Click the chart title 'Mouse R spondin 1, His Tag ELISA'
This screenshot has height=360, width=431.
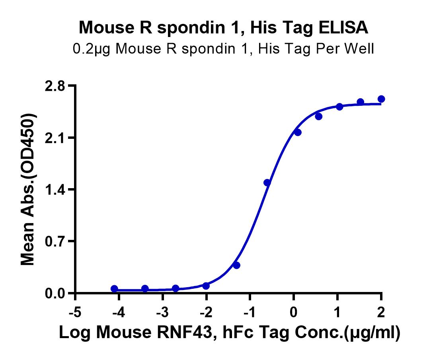click(x=223, y=27)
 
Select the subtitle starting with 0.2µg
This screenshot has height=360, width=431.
click(x=223, y=49)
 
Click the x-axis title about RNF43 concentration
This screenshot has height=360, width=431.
click(x=229, y=333)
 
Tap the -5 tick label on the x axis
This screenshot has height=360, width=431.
click(x=75, y=312)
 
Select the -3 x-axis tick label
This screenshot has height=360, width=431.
click(x=162, y=312)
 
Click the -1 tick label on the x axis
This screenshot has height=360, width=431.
click(x=250, y=312)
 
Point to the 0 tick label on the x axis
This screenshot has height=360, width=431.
click(x=294, y=312)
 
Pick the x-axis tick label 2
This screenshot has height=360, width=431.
click(x=381, y=312)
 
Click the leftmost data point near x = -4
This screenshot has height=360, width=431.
click(x=114, y=288)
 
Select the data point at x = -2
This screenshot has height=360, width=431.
click(x=206, y=286)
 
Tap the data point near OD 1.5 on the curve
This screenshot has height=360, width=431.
click(x=267, y=183)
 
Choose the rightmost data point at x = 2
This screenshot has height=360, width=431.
click(x=381, y=99)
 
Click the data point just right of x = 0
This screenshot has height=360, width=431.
click(x=298, y=132)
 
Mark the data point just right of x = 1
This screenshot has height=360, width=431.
click(x=339, y=107)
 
